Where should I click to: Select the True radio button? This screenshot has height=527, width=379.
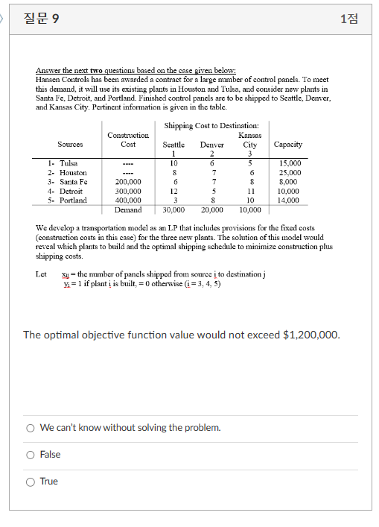[31, 482]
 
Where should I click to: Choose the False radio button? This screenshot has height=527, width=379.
[31, 455]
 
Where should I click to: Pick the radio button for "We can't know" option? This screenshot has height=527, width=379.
[31, 427]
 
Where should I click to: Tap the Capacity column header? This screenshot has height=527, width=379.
[288, 144]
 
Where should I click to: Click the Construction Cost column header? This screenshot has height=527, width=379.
[128, 139]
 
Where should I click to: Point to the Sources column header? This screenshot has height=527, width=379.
[70, 144]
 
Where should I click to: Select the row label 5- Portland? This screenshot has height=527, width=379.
[67, 201]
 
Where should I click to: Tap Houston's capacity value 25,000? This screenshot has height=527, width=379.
[289, 172]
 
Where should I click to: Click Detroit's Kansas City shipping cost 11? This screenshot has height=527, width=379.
[250, 191]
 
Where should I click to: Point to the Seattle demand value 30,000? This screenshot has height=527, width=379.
[173, 210]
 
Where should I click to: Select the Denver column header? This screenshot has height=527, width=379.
[212, 144]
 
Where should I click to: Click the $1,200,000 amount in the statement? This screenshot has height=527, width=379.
[310, 335]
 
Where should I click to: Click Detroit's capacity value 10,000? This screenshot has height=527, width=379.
[289, 191]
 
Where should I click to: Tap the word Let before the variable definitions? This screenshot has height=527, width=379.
[41, 274]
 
